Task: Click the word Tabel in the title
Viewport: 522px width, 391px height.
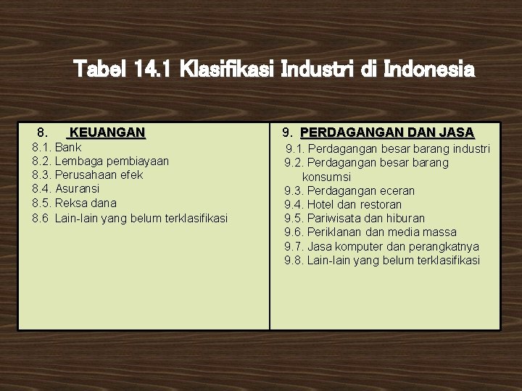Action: pyautogui.click(x=100, y=70)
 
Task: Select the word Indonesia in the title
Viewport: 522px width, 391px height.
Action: pyautogui.click(x=431, y=70)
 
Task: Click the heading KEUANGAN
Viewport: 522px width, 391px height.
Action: pyautogui.click(x=106, y=133)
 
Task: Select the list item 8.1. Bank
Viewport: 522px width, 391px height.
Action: pyautogui.click(x=58, y=147)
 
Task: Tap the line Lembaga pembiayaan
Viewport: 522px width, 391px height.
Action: pyautogui.click(x=112, y=161)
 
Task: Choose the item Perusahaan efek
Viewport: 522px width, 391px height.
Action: pyautogui.click(x=99, y=175)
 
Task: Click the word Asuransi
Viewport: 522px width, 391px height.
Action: pyautogui.click(x=78, y=189)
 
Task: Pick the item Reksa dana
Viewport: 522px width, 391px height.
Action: pyautogui.click(x=86, y=203)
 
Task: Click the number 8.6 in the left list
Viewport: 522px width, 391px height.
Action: pyautogui.click(x=41, y=217)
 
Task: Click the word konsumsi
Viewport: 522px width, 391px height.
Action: pyautogui.click(x=326, y=177)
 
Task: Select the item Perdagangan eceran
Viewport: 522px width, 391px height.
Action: pyautogui.click(x=361, y=190)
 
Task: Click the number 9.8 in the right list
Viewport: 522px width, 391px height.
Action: pyautogui.click(x=294, y=260)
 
